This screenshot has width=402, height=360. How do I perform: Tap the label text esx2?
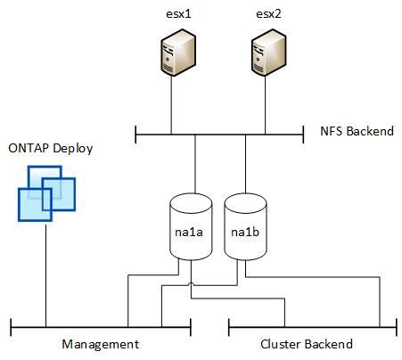267,13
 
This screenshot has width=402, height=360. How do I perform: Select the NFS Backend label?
356,131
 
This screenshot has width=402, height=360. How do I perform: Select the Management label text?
100,344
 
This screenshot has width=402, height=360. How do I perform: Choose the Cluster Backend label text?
306,344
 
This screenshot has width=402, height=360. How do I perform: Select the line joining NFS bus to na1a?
195,165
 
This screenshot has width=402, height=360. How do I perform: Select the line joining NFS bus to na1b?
246,165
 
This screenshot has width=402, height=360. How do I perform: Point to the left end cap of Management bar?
11,325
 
